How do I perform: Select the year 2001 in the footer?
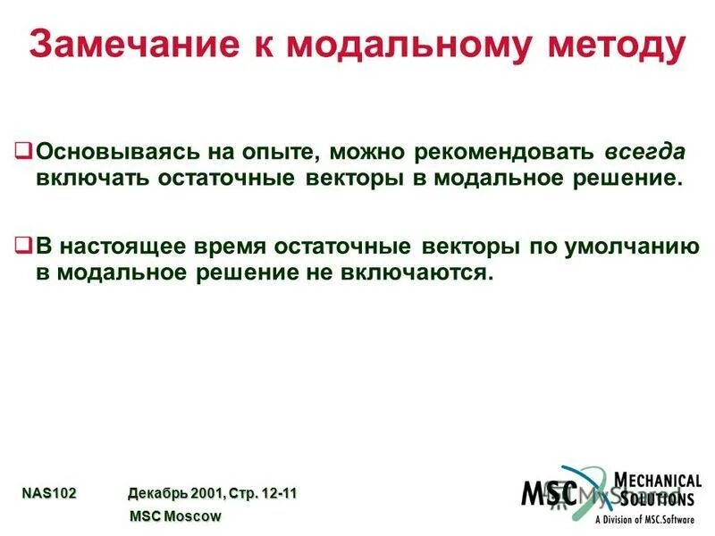pos(207,492)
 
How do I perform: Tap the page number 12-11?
pos(277,492)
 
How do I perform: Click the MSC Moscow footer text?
pos(175,515)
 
